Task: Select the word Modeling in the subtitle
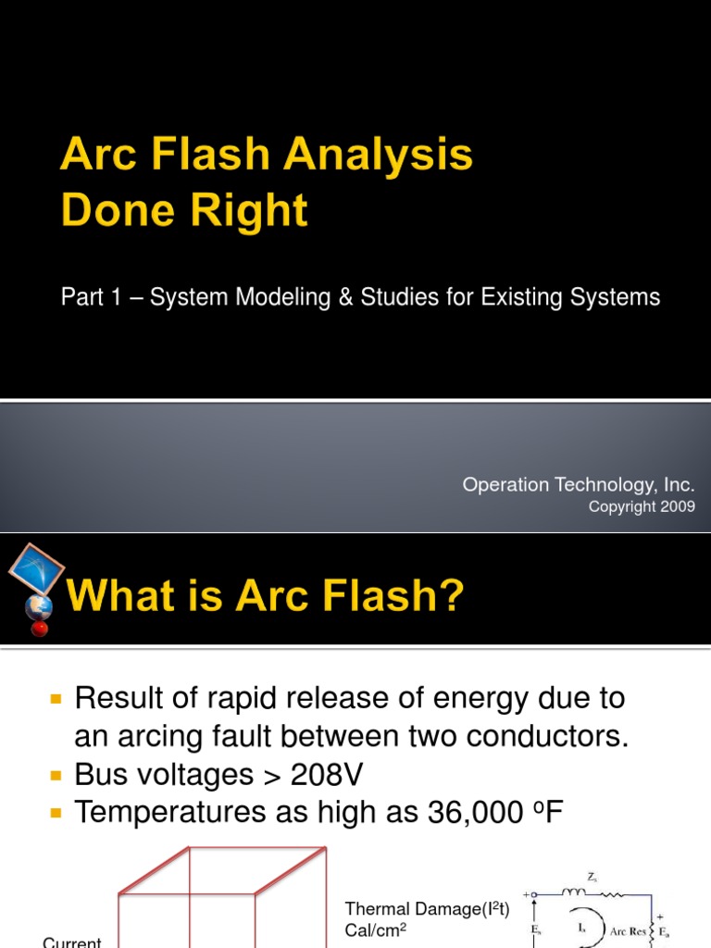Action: tap(256, 297)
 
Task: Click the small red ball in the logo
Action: tap(39, 630)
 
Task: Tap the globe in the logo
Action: tap(38, 606)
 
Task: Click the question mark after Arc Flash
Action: tap(447, 594)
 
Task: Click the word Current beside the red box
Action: tap(72, 942)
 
